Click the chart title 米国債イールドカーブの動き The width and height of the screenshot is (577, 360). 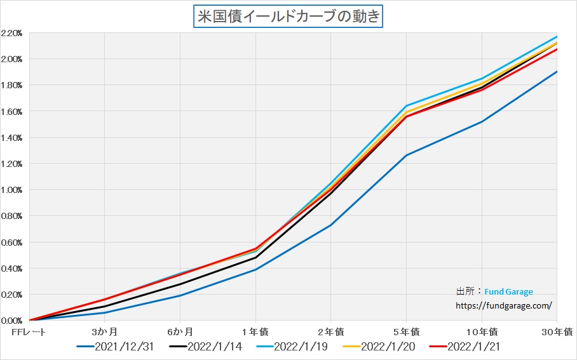(288, 16)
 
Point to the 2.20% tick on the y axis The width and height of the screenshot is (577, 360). (12, 33)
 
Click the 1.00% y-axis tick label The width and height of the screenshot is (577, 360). (12, 190)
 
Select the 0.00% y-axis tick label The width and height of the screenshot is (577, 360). (12, 321)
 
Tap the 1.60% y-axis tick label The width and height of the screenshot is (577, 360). (12, 112)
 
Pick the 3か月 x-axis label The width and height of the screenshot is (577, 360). (104, 331)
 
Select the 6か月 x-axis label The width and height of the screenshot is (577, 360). (180, 331)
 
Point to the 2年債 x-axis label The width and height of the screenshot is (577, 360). (330, 331)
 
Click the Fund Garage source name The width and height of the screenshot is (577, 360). (508, 292)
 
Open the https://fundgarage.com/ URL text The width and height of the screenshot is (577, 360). (504, 305)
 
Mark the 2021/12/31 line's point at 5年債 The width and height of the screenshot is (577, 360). (406, 155)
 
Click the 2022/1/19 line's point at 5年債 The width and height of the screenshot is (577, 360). (406, 105)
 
